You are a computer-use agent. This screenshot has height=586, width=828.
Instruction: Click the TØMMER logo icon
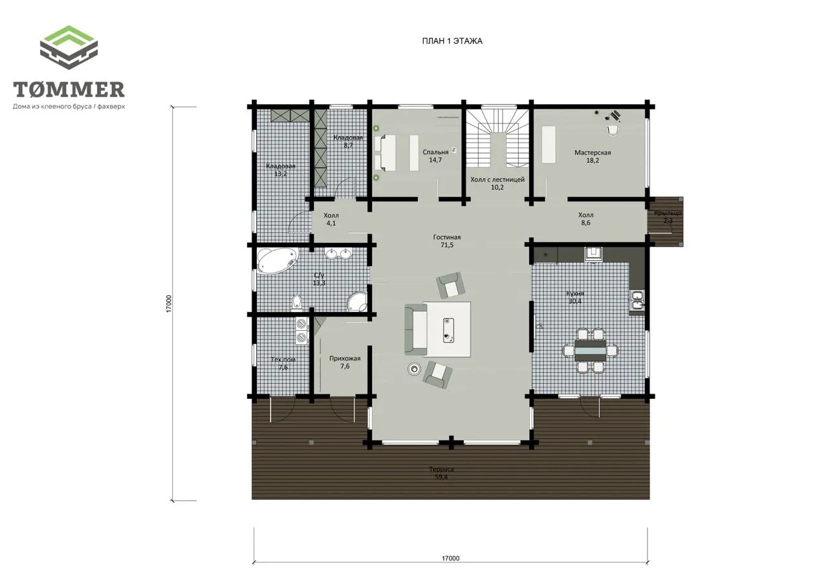click(x=69, y=47)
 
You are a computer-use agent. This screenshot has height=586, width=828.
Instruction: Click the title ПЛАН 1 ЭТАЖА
click(x=452, y=41)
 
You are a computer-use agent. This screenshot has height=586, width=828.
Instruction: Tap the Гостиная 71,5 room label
click(x=447, y=241)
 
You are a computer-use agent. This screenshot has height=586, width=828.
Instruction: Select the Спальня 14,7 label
click(x=435, y=156)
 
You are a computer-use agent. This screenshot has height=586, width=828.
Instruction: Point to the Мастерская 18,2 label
click(x=593, y=157)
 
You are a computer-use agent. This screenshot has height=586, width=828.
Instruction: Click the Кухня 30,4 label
click(x=575, y=297)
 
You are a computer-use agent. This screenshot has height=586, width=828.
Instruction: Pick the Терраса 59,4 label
click(x=441, y=473)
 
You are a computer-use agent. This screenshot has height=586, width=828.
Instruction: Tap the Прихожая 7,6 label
click(x=345, y=362)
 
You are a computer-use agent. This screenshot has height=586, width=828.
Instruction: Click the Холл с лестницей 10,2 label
click(x=497, y=183)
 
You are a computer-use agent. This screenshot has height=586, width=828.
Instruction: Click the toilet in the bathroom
click(x=296, y=302)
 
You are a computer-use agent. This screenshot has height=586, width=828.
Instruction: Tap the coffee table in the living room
click(x=449, y=330)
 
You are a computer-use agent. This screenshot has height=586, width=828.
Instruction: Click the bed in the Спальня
click(x=386, y=153)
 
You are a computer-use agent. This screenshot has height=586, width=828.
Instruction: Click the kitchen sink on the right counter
click(x=637, y=300)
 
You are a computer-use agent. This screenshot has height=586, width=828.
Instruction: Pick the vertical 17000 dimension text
click(x=169, y=304)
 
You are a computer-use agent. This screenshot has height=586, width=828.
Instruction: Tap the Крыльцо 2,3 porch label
click(x=668, y=217)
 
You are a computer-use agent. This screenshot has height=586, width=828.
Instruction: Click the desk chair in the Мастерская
click(x=613, y=130)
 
